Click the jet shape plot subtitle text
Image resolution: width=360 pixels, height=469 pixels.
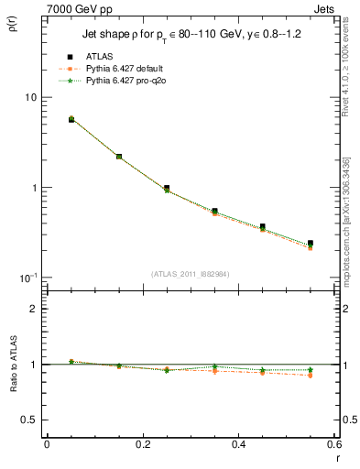click(x=190, y=37)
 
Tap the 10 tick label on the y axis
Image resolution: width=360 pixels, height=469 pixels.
click(x=29, y=98)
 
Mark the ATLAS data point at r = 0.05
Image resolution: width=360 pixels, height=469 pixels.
click(x=71, y=119)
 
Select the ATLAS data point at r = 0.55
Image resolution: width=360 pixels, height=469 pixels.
click(x=311, y=243)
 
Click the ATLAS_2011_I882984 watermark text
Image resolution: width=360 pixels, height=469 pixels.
click(x=190, y=273)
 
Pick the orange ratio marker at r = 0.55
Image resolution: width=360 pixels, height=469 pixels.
click(x=311, y=376)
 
